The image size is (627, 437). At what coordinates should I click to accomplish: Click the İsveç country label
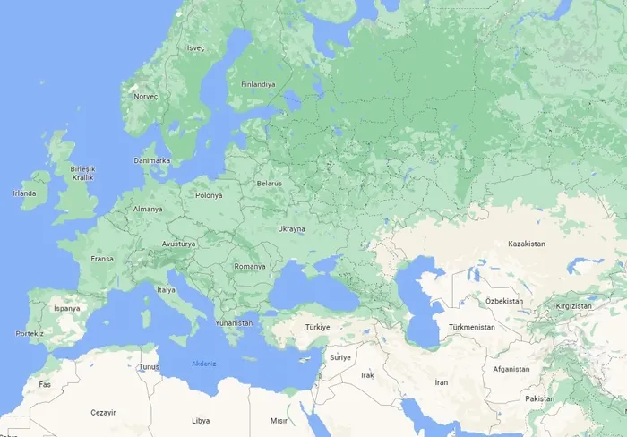point(195,47)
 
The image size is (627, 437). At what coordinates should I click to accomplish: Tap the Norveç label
point(145,96)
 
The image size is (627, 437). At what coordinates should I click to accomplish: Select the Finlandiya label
point(258,84)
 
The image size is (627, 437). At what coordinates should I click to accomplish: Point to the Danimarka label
point(151,160)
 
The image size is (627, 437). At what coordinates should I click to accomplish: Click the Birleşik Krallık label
point(83,173)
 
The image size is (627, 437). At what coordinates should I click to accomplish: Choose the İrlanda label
point(24,193)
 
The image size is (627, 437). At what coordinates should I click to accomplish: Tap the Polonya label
point(209,194)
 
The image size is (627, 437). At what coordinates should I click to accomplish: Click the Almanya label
point(148,209)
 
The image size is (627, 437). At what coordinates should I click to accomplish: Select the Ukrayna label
point(292,229)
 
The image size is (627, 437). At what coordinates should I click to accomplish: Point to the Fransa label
point(102,259)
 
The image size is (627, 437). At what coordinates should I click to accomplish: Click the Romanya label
point(250,266)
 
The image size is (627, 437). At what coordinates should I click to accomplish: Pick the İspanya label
point(67,308)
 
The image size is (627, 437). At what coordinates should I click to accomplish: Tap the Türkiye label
point(318,327)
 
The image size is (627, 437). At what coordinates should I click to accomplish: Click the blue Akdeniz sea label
point(204,363)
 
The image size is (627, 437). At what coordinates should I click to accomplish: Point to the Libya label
point(201,420)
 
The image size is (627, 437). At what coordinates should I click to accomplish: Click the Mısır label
point(279,420)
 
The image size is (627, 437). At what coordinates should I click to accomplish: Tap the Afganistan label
point(511,369)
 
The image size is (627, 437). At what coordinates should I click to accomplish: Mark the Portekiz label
point(30,333)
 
